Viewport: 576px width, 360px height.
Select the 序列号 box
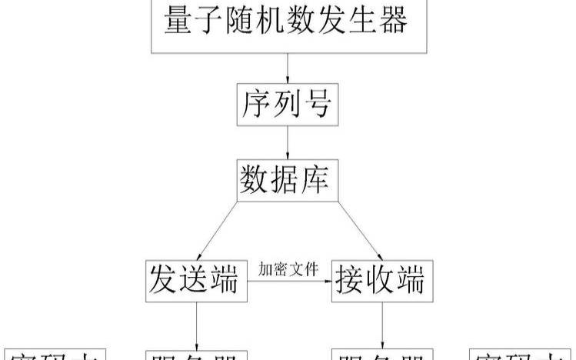click(x=287, y=104)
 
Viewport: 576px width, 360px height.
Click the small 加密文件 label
click(x=288, y=269)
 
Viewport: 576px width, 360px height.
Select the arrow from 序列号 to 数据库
click(x=287, y=144)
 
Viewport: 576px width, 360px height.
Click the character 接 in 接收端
click(x=351, y=282)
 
